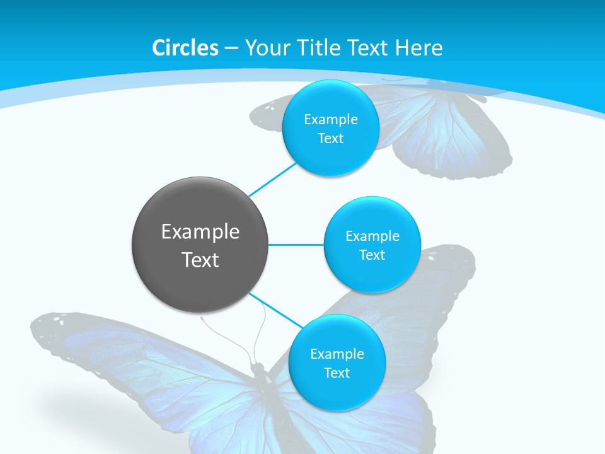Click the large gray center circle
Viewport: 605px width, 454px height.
(200, 245)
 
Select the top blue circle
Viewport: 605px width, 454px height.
(331, 128)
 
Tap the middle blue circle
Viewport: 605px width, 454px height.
(372, 245)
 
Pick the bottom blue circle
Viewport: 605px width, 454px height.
(337, 363)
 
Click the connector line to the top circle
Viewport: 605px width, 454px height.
(272, 178)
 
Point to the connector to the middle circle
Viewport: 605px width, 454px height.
(296, 245)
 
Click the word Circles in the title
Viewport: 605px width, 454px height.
(185, 48)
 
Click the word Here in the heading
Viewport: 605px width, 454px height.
(418, 48)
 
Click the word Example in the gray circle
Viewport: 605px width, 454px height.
(200, 232)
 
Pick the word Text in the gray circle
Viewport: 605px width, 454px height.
(200, 260)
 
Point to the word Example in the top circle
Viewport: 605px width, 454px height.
(331, 119)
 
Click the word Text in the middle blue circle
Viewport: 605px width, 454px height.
(372, 255)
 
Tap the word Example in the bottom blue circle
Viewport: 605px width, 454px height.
(337, 354)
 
